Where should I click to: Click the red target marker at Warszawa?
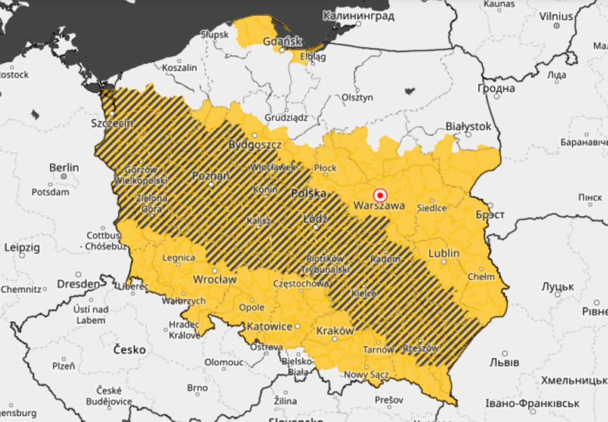(379, 195)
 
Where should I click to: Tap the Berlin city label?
(64, 167)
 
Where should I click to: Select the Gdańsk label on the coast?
(282, 41)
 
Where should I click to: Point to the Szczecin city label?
(112, 123)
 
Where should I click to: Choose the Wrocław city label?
(215, 279)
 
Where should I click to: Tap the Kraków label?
(334, 330)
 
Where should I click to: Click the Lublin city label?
(444, 253)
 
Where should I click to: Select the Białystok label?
(468, 126)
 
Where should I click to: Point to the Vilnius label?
(556, 16)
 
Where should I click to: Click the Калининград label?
(358, 15)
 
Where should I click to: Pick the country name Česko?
(129, 349)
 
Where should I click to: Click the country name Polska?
(308, 193)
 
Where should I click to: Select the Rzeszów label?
(421, 348)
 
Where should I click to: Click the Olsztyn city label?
(357, 97)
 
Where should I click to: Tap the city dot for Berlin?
(64, 176)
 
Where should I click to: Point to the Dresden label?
(78, 284)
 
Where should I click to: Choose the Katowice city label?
(269, 326)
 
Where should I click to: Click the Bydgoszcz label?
(255, 144)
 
